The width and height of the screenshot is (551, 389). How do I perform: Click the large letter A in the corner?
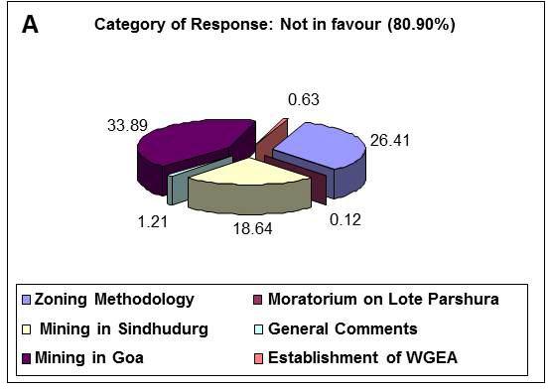coord(32,26)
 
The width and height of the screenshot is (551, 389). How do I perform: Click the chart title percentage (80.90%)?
coord(417,24)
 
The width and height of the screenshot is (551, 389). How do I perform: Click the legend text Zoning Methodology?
coord(114,299)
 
